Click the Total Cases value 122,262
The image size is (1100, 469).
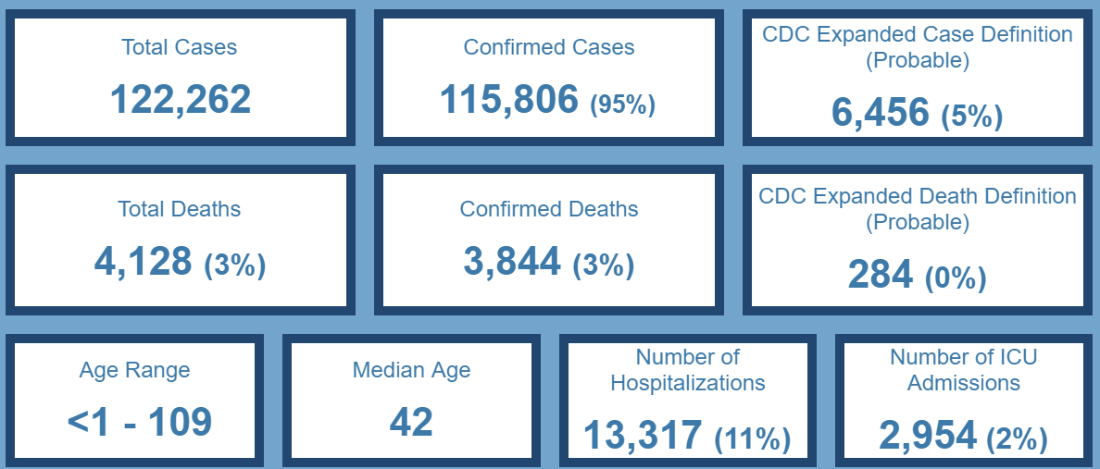181,99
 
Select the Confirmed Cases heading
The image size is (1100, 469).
549,47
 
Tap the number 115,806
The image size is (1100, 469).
509,99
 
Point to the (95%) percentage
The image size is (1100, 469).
622,104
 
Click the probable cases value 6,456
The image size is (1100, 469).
880,112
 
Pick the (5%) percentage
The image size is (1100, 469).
971,117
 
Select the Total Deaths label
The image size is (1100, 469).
180,209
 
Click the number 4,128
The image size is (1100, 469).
143,261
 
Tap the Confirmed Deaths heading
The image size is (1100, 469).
549,209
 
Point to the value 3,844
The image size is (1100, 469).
512,261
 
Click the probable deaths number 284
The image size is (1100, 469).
880,274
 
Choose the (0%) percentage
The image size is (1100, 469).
955,278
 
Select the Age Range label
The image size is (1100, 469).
134,370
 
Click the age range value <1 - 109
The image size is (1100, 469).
140,422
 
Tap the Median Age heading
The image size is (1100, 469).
411,370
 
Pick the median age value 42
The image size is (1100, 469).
411,422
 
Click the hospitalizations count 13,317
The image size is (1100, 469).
643,435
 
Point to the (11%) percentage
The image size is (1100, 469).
752,439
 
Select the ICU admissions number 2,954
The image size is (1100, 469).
927,435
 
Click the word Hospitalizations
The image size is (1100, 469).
688,382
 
